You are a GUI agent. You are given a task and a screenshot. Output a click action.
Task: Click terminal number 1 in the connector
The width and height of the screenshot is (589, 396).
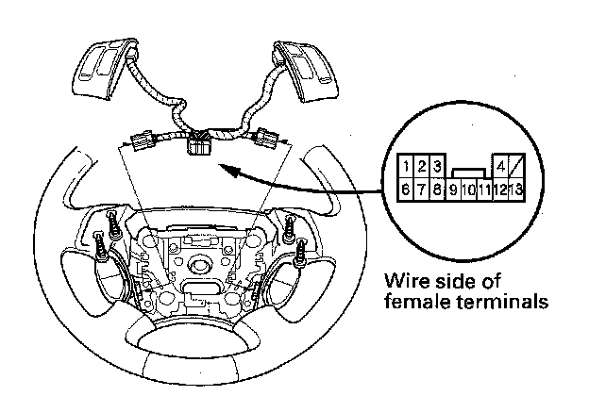[404, 167]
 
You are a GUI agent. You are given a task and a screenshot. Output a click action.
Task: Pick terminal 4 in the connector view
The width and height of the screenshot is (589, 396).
[501, 167]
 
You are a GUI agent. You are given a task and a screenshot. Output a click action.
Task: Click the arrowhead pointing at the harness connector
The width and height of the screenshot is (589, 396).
[223, 166]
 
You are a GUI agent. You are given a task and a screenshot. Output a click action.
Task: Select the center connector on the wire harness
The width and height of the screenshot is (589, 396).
[201, 143]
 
